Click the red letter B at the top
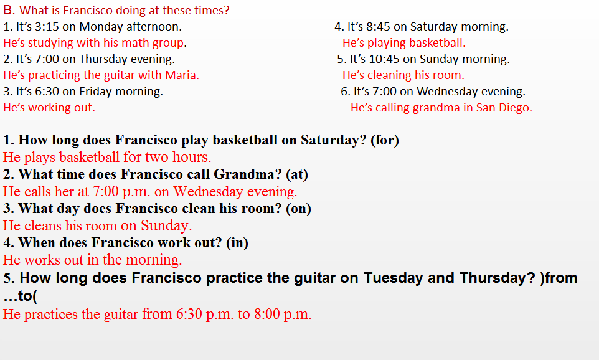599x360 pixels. point(7,10)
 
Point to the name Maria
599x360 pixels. point(182,75)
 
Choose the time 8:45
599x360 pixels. point(377,27)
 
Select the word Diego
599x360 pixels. point(516,108)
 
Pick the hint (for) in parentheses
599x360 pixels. point(385,140)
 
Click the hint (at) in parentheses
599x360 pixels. point(297,174)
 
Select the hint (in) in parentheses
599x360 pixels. point(237,243)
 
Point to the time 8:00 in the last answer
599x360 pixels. point(266,315)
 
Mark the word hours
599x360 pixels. point(191,157)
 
